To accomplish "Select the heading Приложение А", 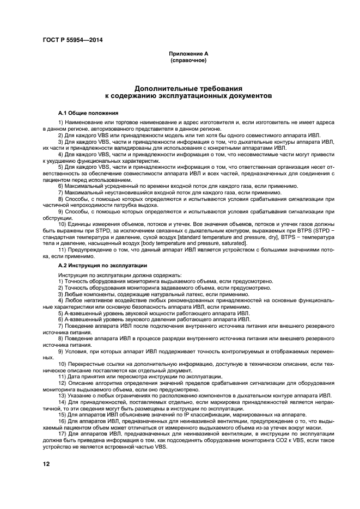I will point(188,54).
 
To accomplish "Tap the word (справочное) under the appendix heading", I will point(188,60).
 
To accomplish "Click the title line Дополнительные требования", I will point(188,88).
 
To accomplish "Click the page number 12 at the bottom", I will point(46,463).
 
